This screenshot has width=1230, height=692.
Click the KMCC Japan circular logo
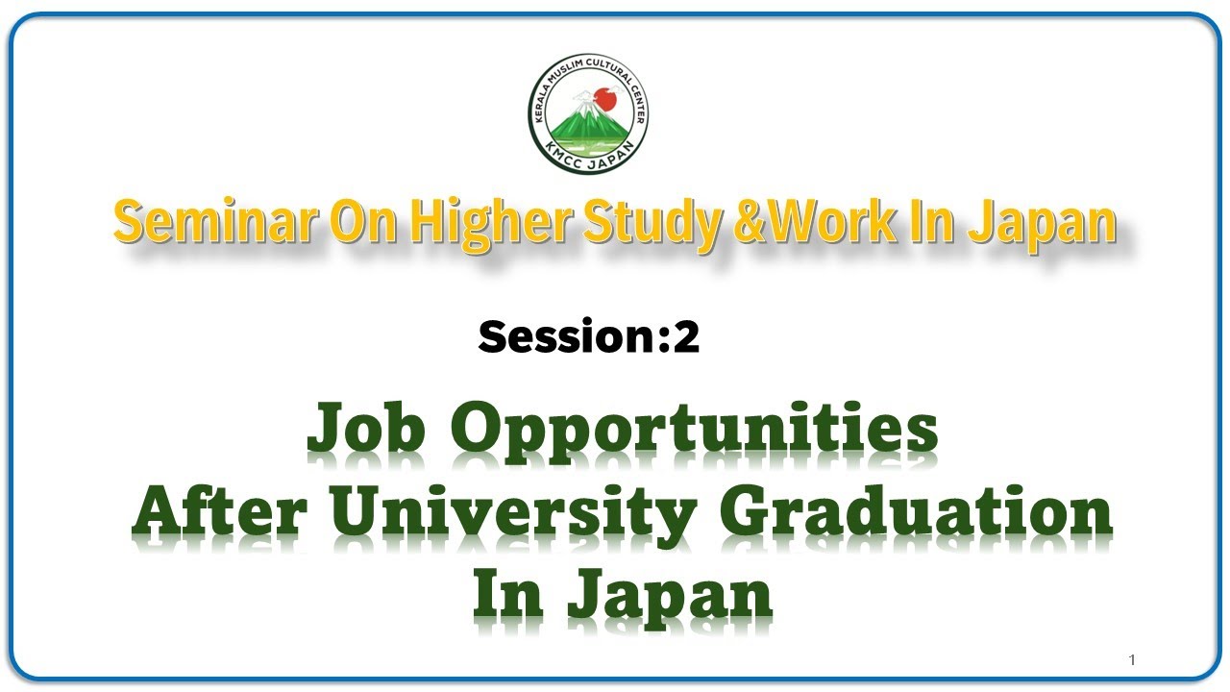click(588, 113)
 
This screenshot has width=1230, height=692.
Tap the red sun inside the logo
click(603, 96)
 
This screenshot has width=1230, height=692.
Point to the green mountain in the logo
click(586, 123)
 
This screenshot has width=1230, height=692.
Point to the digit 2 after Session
click(686, 337)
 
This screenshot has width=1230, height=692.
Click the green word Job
click(366, 430)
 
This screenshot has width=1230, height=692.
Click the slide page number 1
click(1133, 660)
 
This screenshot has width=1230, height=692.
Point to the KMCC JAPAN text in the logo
click(588, 159)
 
